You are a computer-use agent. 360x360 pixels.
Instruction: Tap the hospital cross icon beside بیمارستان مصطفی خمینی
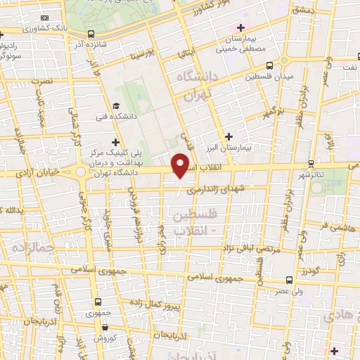(240, 27)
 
